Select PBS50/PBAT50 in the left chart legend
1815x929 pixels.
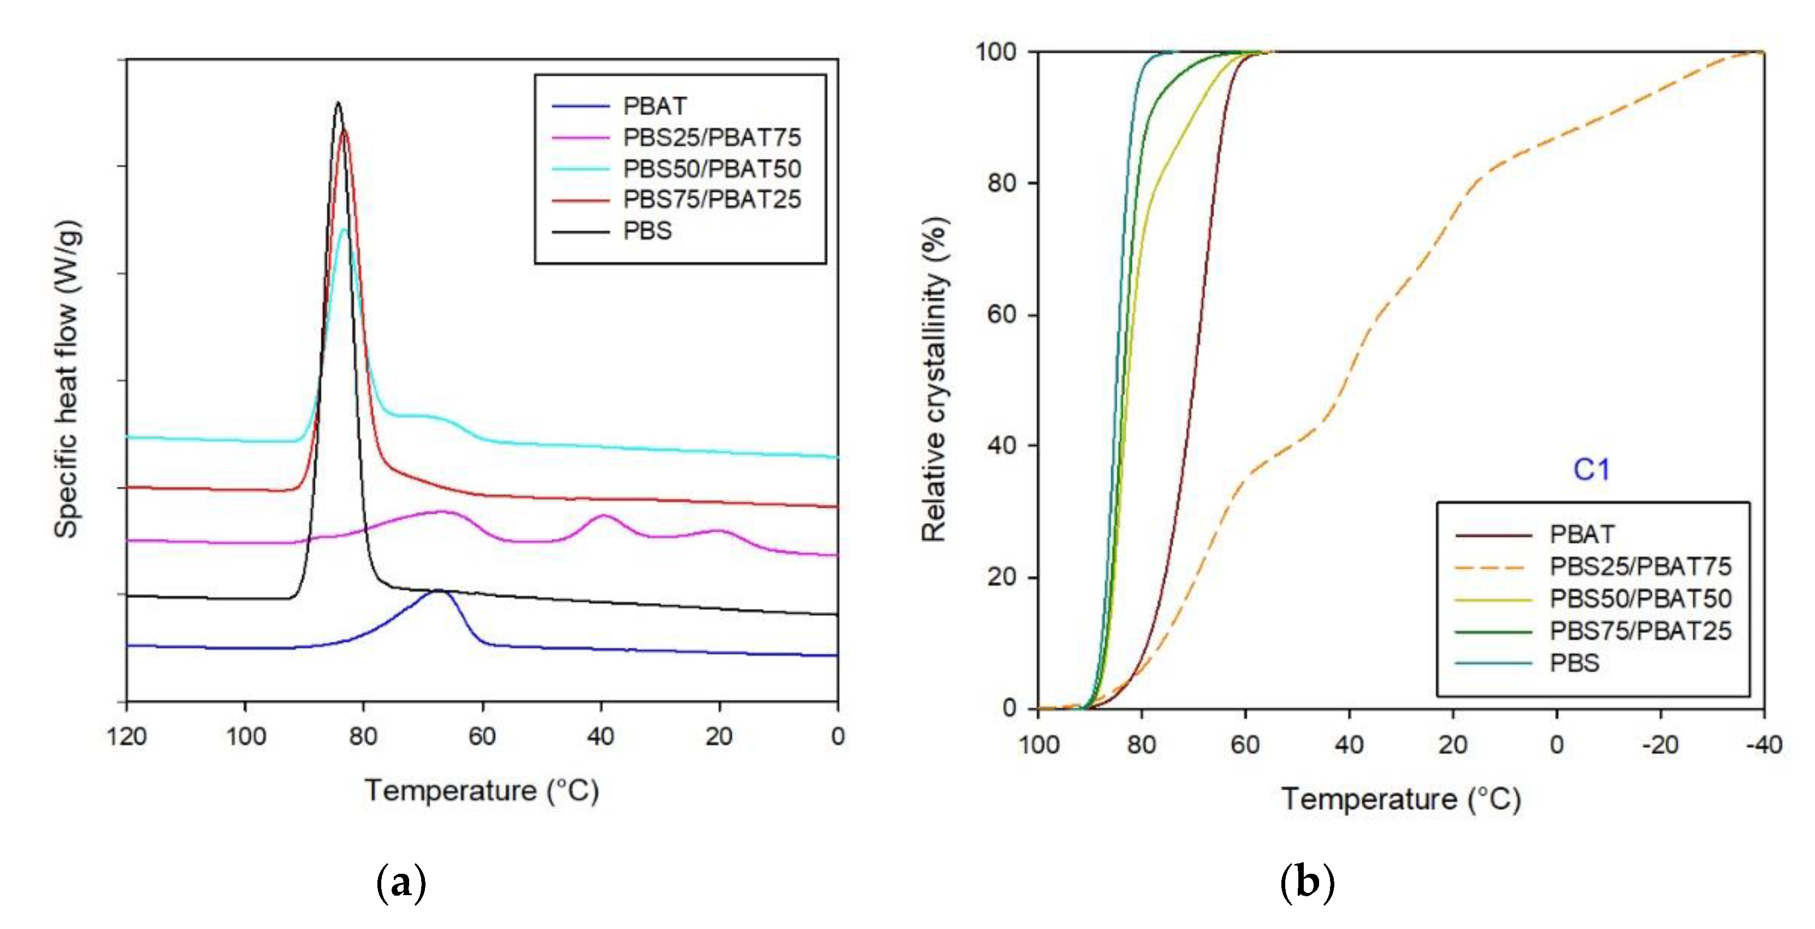[x=712, y=168]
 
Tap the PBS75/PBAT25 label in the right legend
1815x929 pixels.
[x=1640, y=631]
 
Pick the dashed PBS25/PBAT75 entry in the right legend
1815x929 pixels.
[x=1640, y=566]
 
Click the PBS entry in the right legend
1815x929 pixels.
[x=1575, y=663]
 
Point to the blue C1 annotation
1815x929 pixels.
[x=1591, y=469]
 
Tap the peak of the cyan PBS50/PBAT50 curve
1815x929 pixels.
[x=344, y=229]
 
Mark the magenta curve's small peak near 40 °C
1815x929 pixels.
[x=603, y=516]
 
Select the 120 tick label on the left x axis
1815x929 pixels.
[x=127, y=737]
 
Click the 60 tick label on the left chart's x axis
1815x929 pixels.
[x=483, y=737]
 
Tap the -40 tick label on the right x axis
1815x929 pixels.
[x=1764, y=745]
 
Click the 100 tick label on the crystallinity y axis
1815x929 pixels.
[x=996, y=51]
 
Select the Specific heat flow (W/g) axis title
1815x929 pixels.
[x=68, y=381]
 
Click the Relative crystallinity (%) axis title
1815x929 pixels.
[x=935, y=381]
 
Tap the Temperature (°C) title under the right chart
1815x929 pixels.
[x=1400, y=799]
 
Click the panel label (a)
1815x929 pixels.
[x=401, y=883]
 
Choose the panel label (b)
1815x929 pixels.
[x=1307, y=883]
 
